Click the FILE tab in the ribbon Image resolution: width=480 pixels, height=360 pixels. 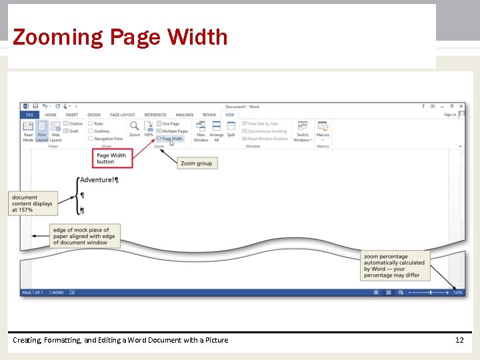click(x=29, y=115)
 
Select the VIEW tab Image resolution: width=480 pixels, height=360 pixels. click(x=230, y=115)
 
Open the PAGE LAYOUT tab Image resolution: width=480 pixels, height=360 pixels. click(x=123, y=115)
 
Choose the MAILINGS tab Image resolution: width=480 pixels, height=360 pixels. click(x=185, y=115)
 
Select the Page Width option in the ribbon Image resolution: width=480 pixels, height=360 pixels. click(x=171, y=139)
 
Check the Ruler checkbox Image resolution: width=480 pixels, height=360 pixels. click(x=91, y=123)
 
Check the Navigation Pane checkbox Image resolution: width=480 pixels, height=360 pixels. click(x=91, y=139)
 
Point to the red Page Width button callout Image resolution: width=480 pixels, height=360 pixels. click(x=113, y=158)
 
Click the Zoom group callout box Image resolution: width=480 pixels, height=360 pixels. click(x=197, y=163)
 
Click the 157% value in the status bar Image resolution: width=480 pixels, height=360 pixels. click(x=457, y=292)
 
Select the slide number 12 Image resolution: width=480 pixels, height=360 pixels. click(x=459, y=340)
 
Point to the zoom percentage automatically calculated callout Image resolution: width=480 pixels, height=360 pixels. click(x=394, y=265)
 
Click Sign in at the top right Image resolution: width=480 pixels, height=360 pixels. click(x=450, y=115)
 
